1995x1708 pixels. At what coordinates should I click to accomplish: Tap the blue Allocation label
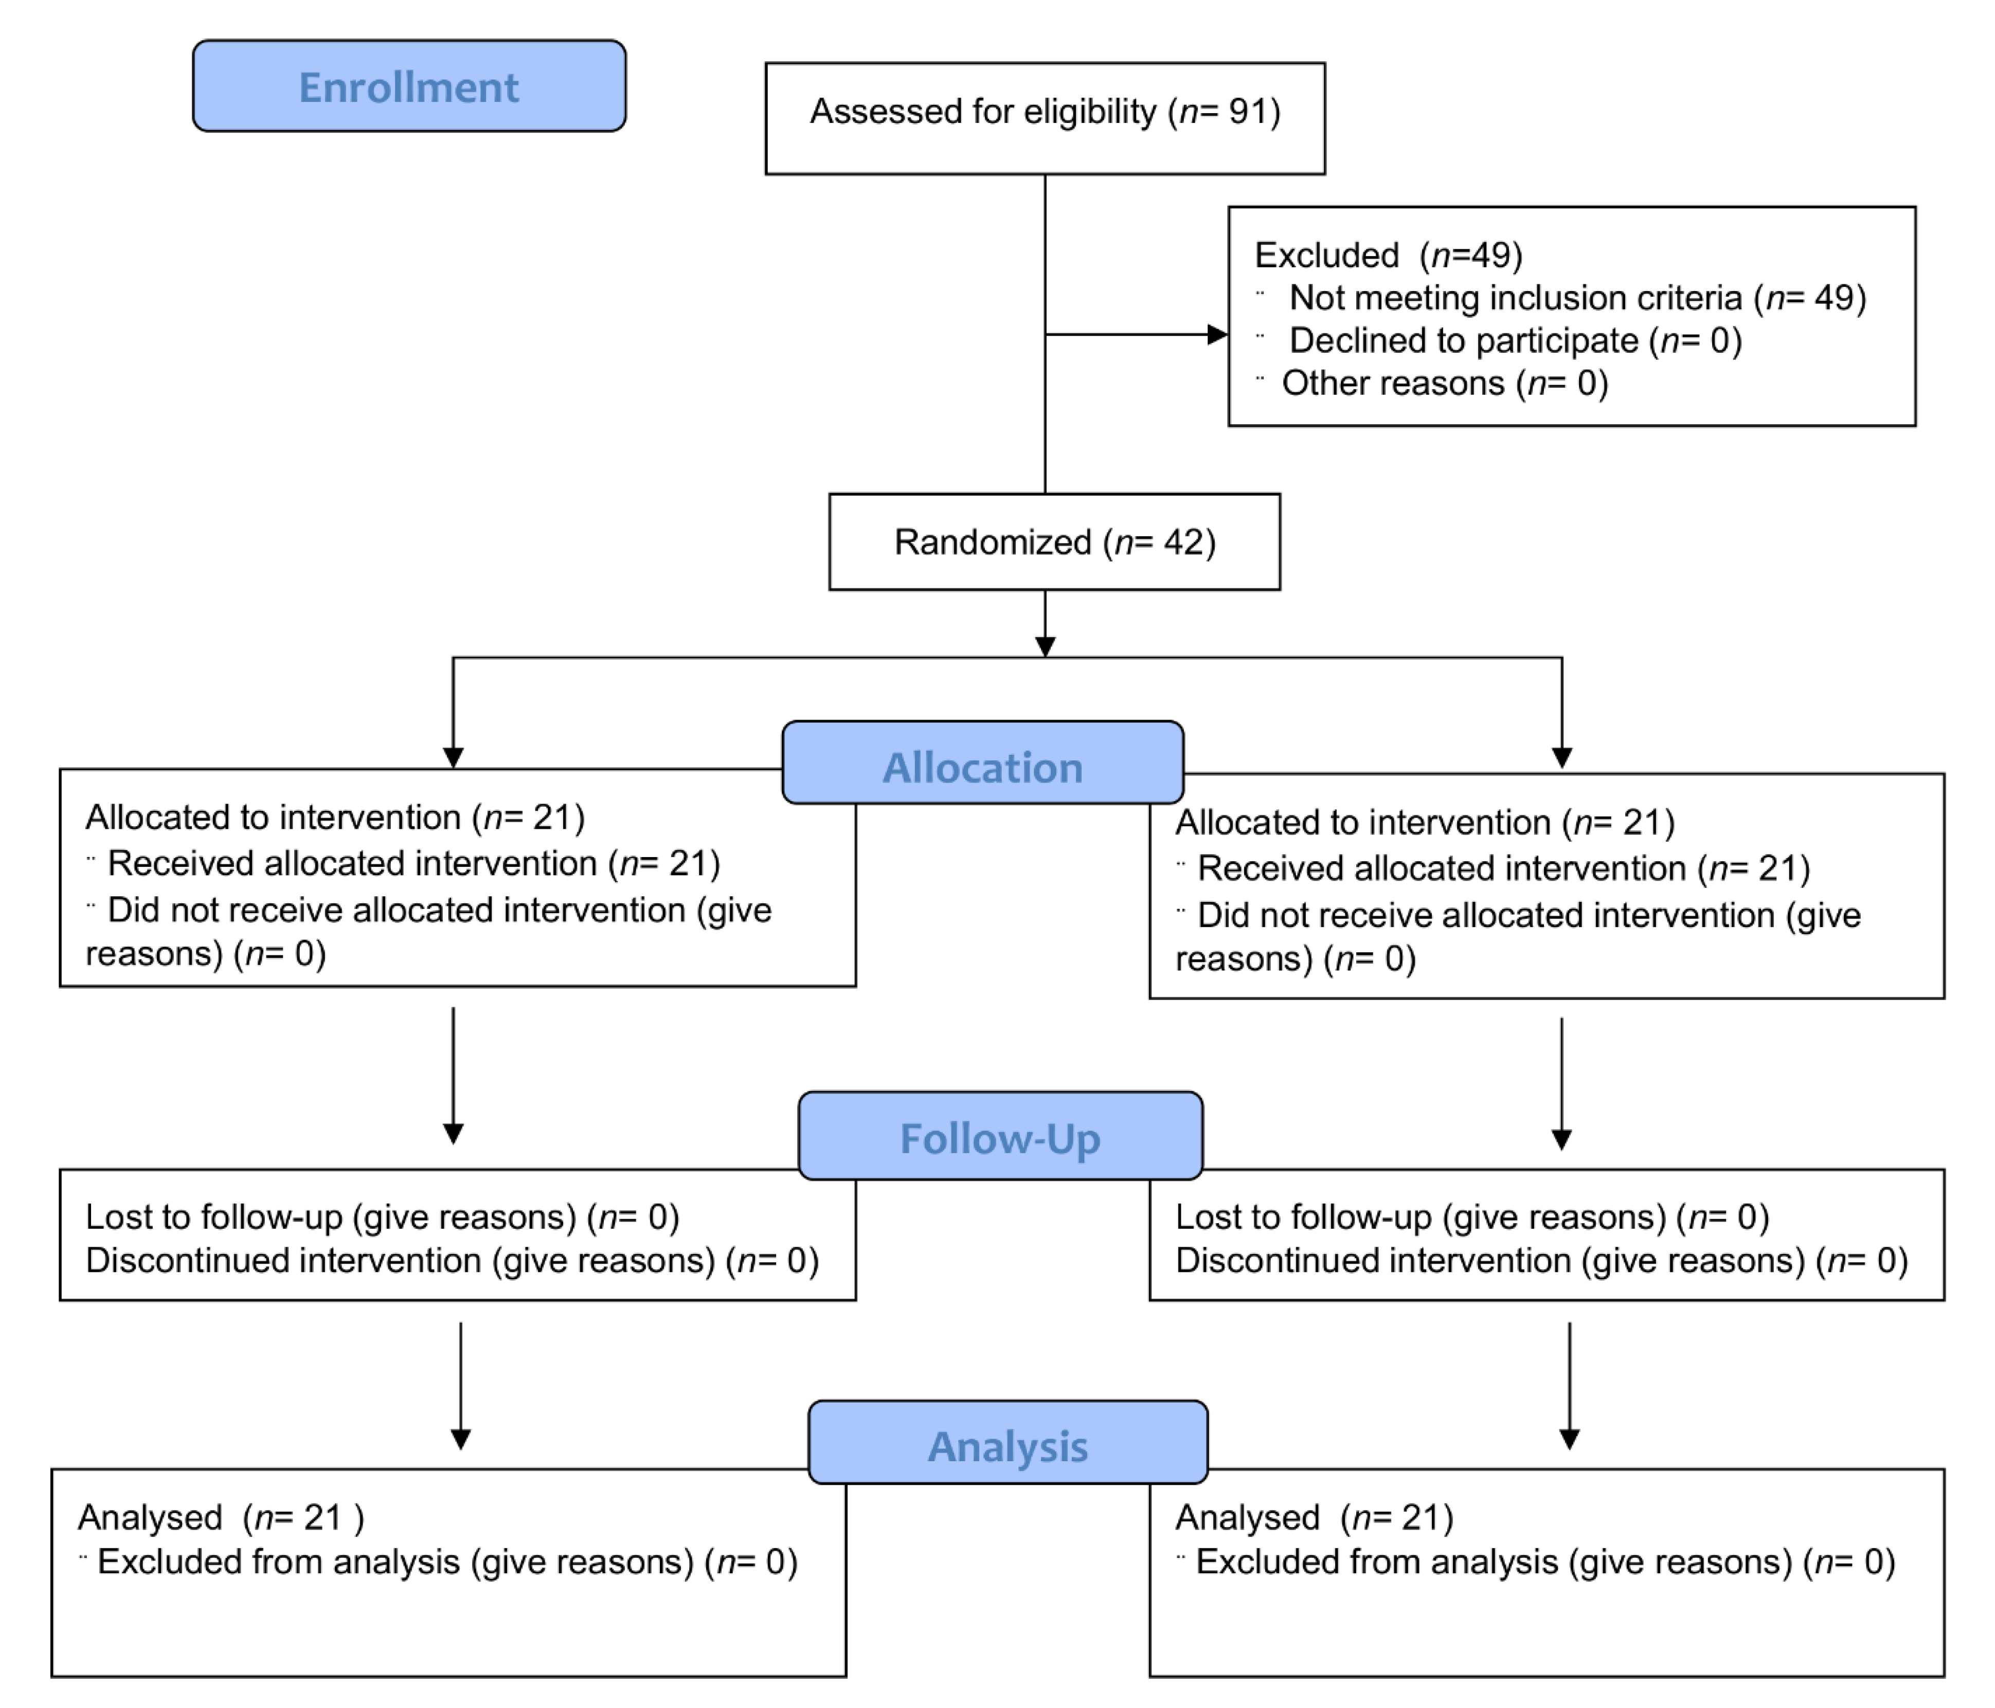(982, 767)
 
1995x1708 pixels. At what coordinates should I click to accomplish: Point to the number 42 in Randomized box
(1183, 542)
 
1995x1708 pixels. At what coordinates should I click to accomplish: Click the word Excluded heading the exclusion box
(1326, 255)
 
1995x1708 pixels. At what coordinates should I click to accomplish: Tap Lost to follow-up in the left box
(214, 1217)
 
